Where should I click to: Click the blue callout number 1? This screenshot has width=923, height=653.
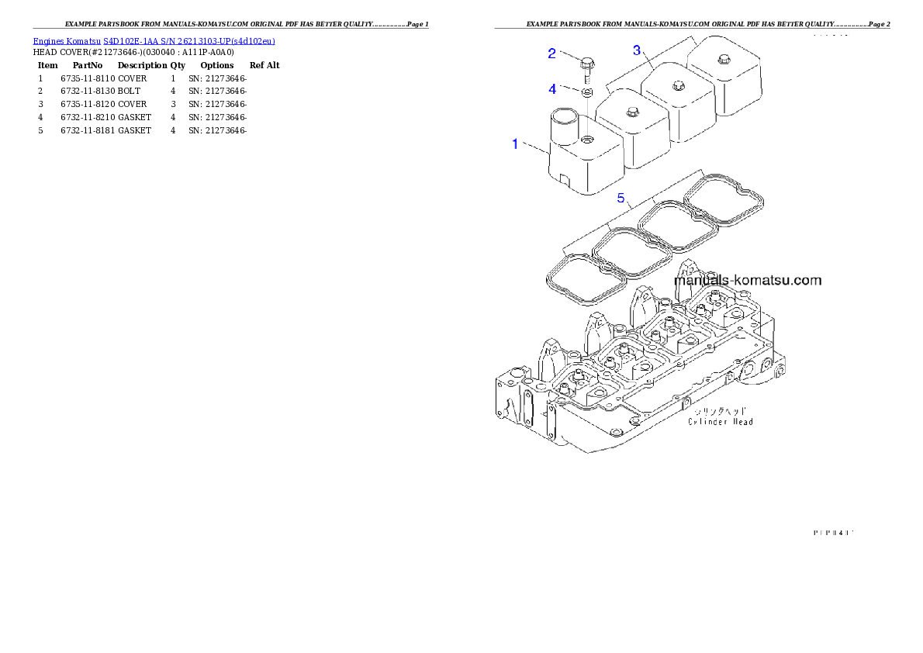(514, 143)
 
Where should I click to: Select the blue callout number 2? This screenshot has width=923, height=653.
(552, 54)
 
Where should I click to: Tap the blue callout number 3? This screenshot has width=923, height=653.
(637, 50)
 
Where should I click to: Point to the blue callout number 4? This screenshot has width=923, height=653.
(552, 89)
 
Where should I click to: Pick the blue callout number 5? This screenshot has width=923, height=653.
(621, 198)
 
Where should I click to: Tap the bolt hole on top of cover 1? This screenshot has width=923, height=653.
(587, 140)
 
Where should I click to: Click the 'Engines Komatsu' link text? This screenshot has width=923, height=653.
(67, 41)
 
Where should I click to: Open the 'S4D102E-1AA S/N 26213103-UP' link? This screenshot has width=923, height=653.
(189, 41)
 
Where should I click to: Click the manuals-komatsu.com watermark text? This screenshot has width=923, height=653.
(748, 280)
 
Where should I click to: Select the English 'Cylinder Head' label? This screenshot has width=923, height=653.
(721, 422)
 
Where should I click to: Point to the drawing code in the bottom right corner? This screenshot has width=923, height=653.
(833, 532)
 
